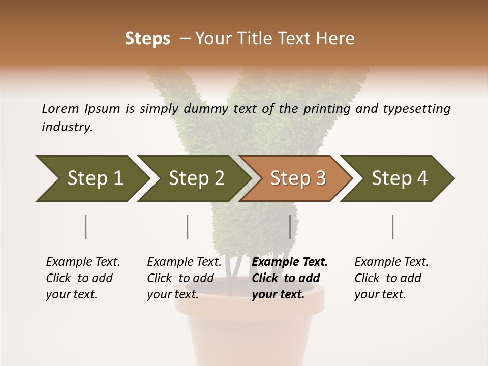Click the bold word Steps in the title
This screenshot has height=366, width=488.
[147, 39]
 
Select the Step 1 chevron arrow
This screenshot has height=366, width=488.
[91, 178]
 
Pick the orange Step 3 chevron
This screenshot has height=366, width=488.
[297, 178]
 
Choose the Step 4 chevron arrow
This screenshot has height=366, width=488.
[399, 178]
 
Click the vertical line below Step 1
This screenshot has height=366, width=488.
[86, 227]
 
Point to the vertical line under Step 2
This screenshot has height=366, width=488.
[188, 227]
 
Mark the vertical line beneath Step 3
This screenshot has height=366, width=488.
[290, 227]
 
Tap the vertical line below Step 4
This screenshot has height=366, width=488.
[393, 227]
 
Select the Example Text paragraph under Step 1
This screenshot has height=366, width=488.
[82, 278]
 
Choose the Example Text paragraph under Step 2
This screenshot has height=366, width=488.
[184, 278]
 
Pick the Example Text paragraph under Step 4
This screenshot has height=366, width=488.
[391, 278]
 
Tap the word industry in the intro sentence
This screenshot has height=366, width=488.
[67, 127]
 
